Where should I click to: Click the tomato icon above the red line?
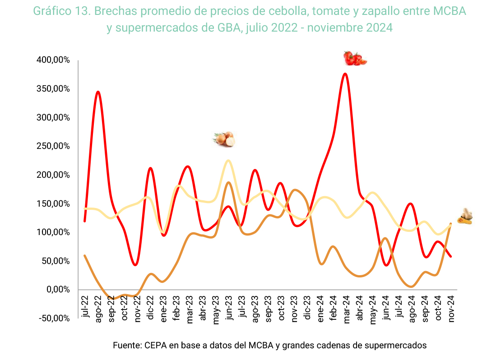pyautogui.click(x=355, y=59)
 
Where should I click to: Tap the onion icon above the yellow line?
pyautogui.click(x=224, y=139)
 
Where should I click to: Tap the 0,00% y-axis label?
pyautogui.click(x=58, y=289)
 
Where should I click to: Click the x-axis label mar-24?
pyautogui.click(x=347, y=308)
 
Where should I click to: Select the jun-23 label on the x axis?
pyautogui.click(x=229, y=308)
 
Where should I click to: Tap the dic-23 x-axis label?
pyautogui.click(x=307, y=308)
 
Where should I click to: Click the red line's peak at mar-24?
pyautogui.click(x=345, y=74)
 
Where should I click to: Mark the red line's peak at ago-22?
pyautogui.click(x=97, y=92)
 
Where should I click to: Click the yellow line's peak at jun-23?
pyautogui.click(x=228, y=161)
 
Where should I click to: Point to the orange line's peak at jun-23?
pyautogui.click(x=229, y=182)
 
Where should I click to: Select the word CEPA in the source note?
pyautogui.click(x=156, y=346)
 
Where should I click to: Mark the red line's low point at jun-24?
pyautogui.click(x=385, y=265)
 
